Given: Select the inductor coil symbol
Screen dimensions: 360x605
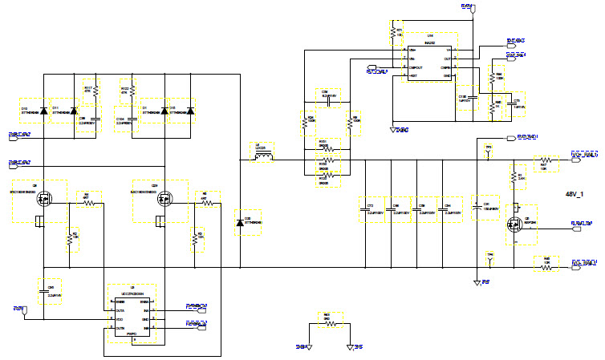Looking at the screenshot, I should pyautogui.click(x=264, y=156).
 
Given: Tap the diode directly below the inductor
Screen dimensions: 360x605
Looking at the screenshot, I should pyautogui.click(x=240, y=222).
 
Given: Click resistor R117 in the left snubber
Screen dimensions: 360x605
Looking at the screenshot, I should pyautogui.click(x=95, y=91).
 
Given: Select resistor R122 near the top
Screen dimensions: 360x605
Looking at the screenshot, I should pyautogui.click(x=124, y=91).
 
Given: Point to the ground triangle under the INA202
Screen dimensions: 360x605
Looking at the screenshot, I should pyautogui.click(x=392, y=126).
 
